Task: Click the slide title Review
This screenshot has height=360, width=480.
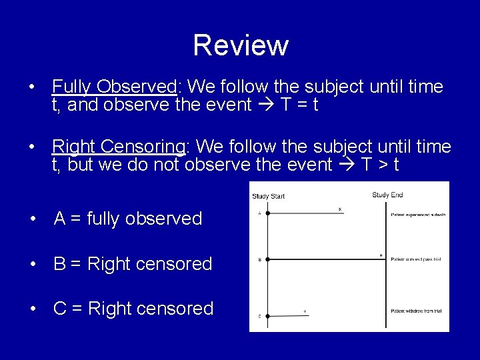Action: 241,45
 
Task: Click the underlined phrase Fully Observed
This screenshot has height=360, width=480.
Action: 113,87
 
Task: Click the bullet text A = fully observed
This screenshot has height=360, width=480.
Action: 127,219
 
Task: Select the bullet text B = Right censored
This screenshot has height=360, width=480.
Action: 133,264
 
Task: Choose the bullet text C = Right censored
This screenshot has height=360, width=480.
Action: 133,309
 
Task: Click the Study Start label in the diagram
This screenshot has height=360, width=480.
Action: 268,196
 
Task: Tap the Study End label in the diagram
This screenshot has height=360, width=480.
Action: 387,195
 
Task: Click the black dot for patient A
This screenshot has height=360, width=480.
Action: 267,214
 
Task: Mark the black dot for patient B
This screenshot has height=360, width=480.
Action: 267,259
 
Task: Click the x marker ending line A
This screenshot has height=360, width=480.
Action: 340,209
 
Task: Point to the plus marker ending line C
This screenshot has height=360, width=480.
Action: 305,311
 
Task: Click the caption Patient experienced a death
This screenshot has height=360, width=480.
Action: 418,215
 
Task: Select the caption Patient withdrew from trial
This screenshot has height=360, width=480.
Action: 417,311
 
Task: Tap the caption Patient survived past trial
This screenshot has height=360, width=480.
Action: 416,259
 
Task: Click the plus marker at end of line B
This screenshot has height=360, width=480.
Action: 381,255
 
